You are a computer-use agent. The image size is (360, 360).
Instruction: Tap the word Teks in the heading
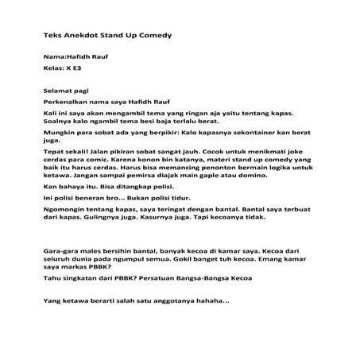(52, 35)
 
